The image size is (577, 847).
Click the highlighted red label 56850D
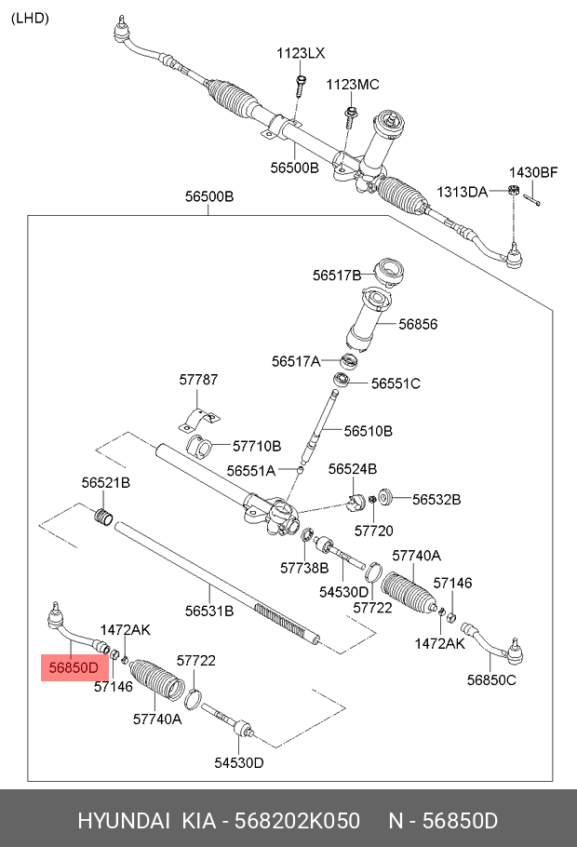click(74, 667)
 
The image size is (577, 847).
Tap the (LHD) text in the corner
click(30, 18)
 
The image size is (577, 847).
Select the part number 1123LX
click(301, 54)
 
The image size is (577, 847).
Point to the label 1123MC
click(353, 85)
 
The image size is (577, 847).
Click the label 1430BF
click(532, 172)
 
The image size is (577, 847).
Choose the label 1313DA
click(463, 192)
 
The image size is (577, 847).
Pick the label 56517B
click(337, 275)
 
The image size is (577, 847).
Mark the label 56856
click(418, 325)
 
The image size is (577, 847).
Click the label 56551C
click(396, 383)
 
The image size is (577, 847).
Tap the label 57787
click(198, 380)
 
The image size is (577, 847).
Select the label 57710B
click(256, 446)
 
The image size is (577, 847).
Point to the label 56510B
click(368, 431)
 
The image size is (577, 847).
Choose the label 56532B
click(436, 499)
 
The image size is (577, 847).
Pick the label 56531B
click(208, 611)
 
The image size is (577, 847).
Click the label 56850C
click(490, 679)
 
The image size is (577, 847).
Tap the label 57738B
click(304, 567)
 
